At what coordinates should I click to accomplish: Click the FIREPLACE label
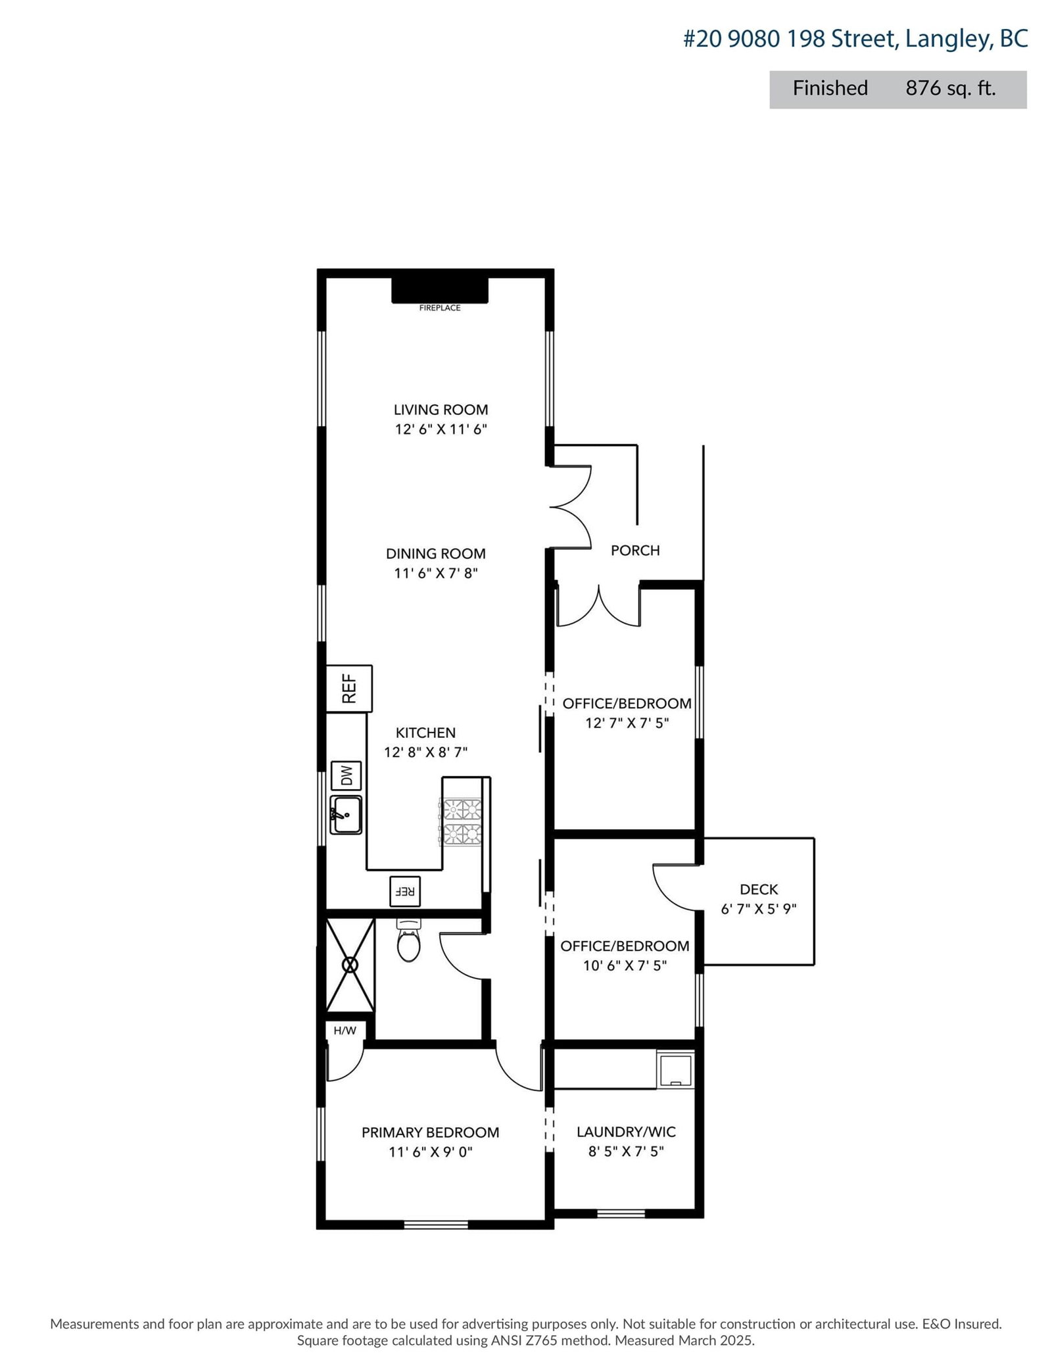(x=439, y=308)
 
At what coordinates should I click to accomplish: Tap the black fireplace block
(x=439, y=290)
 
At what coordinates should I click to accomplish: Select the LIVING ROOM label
(x=441, y=410)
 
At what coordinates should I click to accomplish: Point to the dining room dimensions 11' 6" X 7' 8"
(x=435, y=573)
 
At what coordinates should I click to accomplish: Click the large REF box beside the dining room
(x=349, y=688)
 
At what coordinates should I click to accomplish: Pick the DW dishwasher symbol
(x=346, y=776)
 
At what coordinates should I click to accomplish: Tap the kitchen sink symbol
(x=346, y=815)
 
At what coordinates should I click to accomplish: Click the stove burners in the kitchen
(x=462, y=821)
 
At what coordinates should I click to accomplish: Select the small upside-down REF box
(x=404, y=891)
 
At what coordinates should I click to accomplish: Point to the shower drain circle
(x=350, y=965)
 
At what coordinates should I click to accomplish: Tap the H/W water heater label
(x=345, y=1031)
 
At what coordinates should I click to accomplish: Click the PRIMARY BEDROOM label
(x=430, y=1132)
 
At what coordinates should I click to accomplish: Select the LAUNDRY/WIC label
(x=626, y=1132)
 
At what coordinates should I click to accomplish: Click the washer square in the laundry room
(x=675, y=1069)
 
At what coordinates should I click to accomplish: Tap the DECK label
(x=759, y=890)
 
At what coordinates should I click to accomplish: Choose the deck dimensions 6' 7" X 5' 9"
(x=759, y=910)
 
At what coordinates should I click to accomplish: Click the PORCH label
(x=635, y=550)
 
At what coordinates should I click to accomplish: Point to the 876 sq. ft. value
(x=950, y=88)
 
